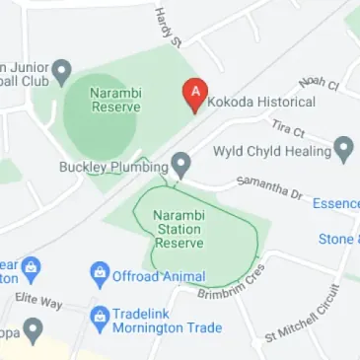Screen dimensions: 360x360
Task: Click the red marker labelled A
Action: point(195,95)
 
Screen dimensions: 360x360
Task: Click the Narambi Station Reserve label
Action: point(179,229)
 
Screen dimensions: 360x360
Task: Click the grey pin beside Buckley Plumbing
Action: point(180,164)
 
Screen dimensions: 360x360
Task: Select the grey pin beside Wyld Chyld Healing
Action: point(343,149)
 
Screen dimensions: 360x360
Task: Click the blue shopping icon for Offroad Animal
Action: point(99,273)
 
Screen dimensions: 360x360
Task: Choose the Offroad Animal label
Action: point(159,277)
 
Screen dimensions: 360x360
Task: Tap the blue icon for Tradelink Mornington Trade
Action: point(99,319)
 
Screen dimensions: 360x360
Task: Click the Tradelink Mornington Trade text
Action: point(166,320)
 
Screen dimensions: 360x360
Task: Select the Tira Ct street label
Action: point(288,128)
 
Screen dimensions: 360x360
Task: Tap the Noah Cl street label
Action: point(319,82)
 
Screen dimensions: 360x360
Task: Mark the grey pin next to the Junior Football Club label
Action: point(62,70)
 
